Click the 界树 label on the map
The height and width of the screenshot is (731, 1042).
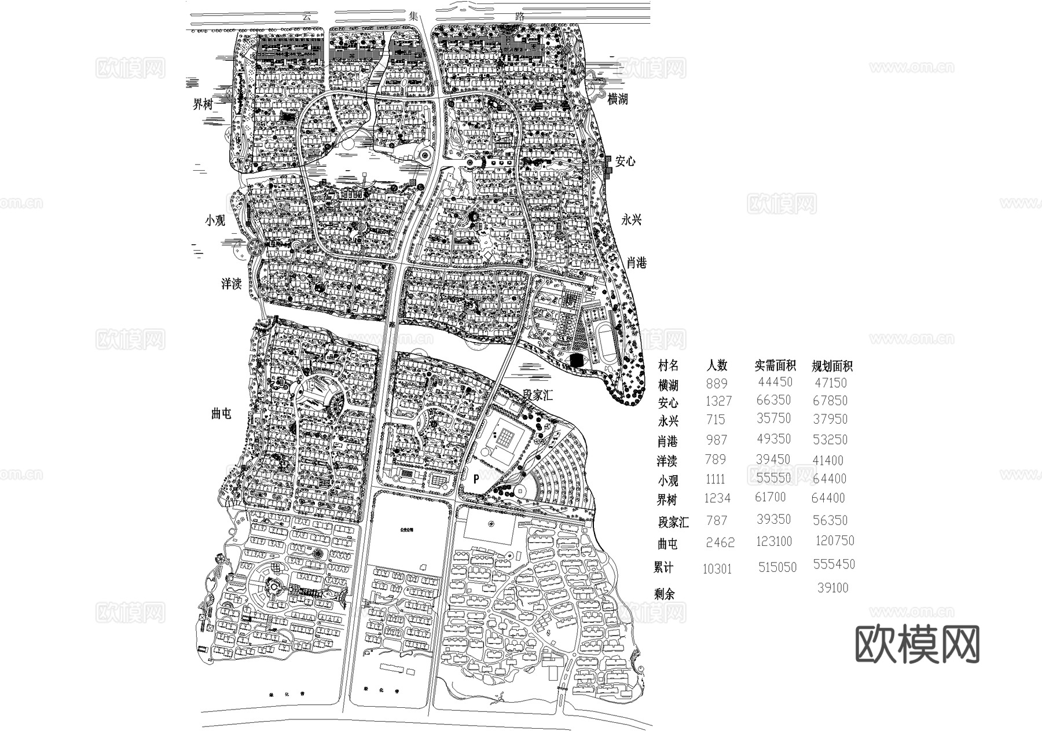pyautogui.click(x=203, y=104)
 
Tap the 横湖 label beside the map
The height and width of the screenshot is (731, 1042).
pyautogui.click(x=617, y=99)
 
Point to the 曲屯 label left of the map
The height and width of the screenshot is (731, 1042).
pyautogui.click(x=221, y=413)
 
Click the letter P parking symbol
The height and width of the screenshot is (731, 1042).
pyautogui.click(x=476, y=479)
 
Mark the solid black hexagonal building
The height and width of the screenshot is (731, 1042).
pyautogui.click(x=576, y=360)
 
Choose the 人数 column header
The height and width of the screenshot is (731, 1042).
pyautogui.click(x=717, y=365)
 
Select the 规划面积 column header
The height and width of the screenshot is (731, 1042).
pyautogui.click(x=832, y=366)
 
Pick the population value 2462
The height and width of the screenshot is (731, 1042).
pyautogui.click(x=720, y=542)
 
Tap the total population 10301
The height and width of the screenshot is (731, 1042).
pyautogui.click(x=717, y=569)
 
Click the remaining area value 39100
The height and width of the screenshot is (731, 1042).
pyautogui.click(x=833, y=588)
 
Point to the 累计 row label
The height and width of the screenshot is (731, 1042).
pyautogui.click(x=663, y=568)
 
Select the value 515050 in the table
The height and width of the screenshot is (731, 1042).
pyautogui.click(x=777, y=568)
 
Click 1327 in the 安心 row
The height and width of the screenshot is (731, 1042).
pyautogui.click(x=719, y=401)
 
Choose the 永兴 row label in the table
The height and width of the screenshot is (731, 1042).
pyautogui.click(x=668, y=420)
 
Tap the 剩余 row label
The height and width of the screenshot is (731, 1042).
pyautogui.click(x=665, y=594)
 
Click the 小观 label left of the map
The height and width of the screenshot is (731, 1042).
pyautogui.click(x=215, y=221)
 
